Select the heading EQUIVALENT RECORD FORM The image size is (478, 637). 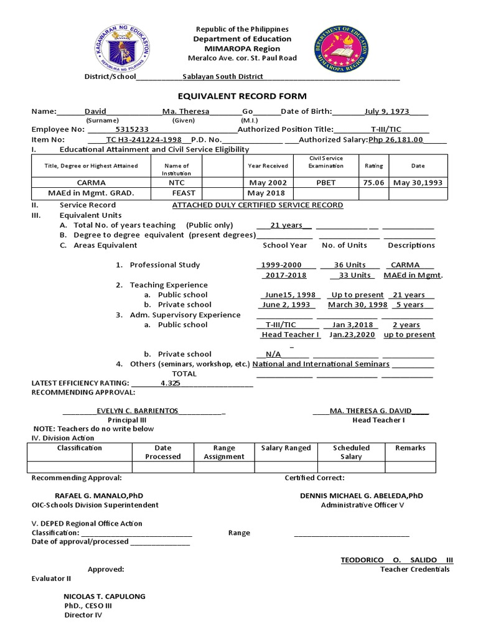point(233,96)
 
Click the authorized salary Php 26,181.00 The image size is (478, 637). point(395,139)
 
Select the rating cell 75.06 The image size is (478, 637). point(373,183)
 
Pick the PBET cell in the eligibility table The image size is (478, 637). point(326,183)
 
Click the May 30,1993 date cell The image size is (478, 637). point(418,183)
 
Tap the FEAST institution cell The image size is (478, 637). point(176,193)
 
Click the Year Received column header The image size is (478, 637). point(268,165)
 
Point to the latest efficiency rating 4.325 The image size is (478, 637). point(170,383)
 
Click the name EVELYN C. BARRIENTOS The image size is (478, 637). point(138,411)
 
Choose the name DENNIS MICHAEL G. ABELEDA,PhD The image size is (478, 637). point(362,496)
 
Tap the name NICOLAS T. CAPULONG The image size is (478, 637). point(100,596)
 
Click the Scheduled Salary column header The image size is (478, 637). point(351,452)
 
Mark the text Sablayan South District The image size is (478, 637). point(222,77)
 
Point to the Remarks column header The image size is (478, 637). point(410,447)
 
